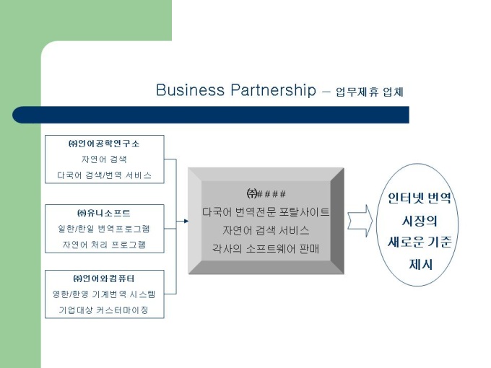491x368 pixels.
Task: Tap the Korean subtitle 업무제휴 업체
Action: (369, 92)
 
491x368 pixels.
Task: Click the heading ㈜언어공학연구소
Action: (104, 144)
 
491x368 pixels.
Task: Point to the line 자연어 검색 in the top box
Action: (104, 159)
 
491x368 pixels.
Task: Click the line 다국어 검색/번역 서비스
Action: (104, 175)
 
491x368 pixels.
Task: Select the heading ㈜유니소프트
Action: (104, 213)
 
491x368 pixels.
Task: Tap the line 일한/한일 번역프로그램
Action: (104, 229)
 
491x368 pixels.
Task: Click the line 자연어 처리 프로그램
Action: (104, 244)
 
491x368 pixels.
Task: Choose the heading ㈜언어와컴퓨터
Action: (104, 279)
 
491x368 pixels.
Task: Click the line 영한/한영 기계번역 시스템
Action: (104, 294)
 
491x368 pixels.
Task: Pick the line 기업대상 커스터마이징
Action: (104, 310)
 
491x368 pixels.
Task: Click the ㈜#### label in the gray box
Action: (266, 193)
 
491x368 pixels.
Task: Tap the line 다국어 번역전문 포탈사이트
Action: (266, 212)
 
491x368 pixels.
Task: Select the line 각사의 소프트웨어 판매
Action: (266, 249)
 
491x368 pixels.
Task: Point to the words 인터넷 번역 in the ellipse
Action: (420, 198)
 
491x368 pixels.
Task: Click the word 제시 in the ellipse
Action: (420, 264)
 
